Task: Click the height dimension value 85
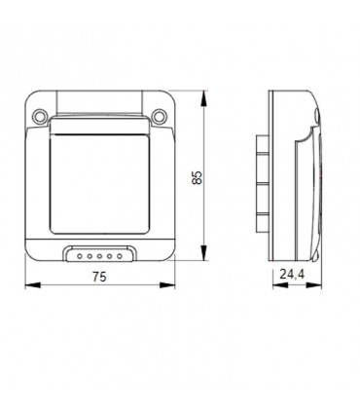pos(198,177)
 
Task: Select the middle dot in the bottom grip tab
pos(100,256)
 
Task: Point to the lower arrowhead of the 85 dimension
pos(205,261)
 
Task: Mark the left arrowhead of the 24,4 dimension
pos(271,286)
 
